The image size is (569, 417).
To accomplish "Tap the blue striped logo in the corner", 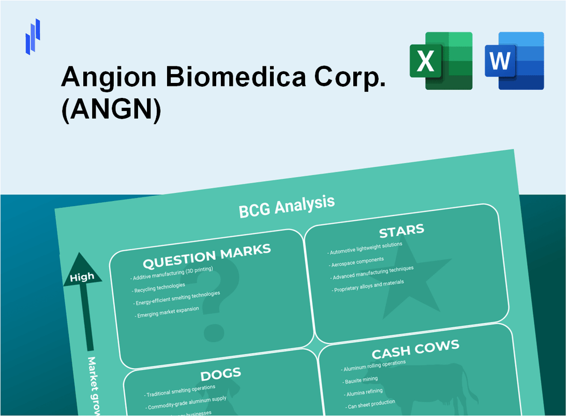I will [33, 36].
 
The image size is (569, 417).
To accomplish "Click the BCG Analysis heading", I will [286, 205].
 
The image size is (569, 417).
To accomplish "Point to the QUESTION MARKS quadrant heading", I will [206, 256].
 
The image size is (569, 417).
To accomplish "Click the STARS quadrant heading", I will [401, 230].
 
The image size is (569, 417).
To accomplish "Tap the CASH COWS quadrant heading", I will [415, 350].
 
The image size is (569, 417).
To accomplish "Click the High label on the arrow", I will [82, 277].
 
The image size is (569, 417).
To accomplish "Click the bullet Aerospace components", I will [357, 263].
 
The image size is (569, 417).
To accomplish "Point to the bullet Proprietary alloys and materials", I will [368, 286].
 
